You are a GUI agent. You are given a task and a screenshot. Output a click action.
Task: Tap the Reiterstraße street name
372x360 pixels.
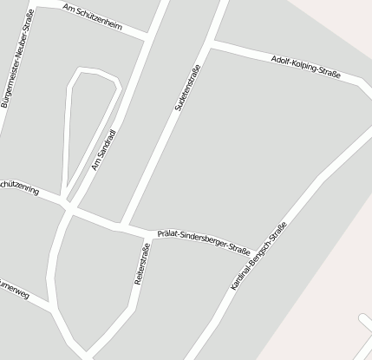pyautogui.click(x=142, y=265)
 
